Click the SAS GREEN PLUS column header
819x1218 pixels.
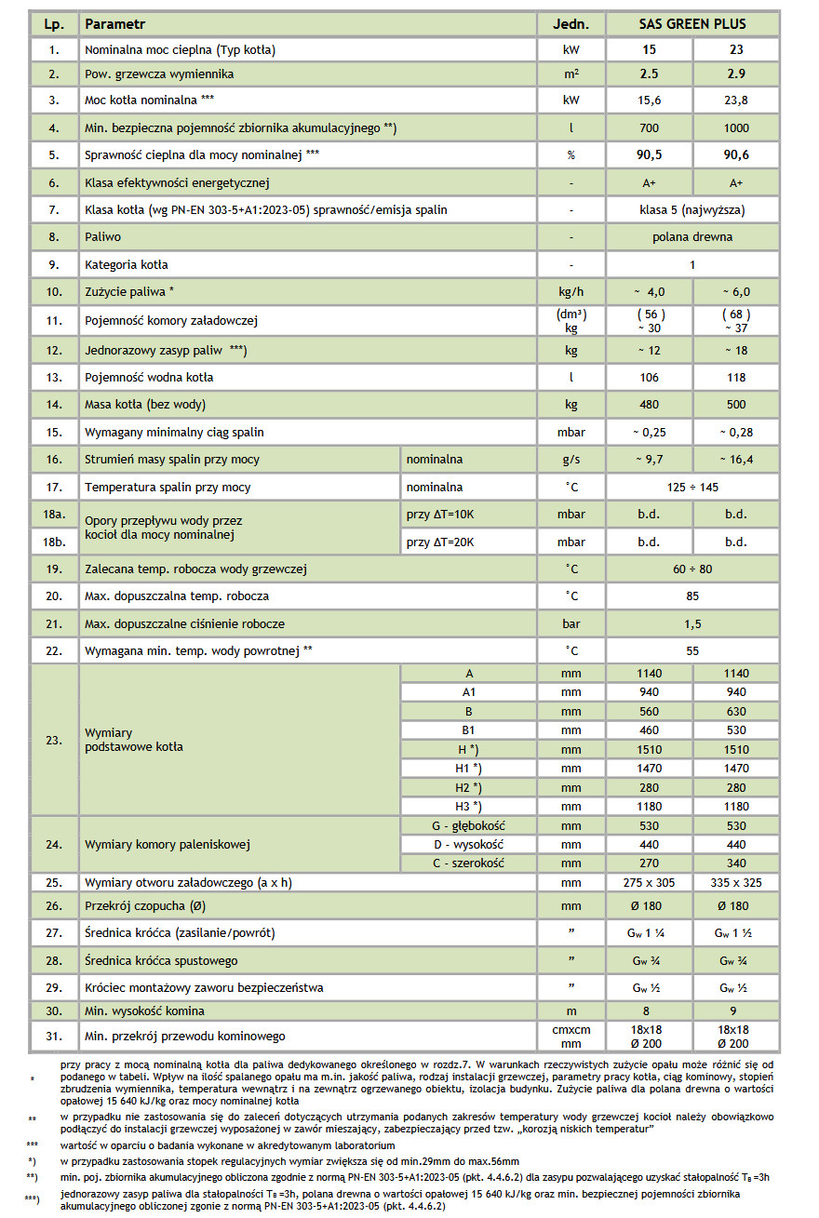(692, 23)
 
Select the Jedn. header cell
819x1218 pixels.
(571, 23)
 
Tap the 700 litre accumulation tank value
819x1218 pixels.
(650, 127)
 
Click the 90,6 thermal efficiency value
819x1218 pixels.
(736, 155)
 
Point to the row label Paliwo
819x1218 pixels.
(102, 237)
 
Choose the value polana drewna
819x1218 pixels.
(692, 237)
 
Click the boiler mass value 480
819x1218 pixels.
(650, 405)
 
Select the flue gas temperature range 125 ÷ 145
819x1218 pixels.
(692, 487)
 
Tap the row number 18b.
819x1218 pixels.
(55, 541)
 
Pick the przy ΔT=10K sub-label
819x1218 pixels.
(441, 515)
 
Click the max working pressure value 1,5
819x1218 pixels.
(692, 623)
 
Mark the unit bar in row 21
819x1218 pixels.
(571, 623)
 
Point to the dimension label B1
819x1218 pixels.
(468, 730)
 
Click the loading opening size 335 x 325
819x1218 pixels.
(736, 882)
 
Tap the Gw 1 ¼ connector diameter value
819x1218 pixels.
(650, 933)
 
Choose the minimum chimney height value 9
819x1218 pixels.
(736, 1011)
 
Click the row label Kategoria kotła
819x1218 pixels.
(127, 264)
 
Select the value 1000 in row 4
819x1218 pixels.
(736, 127)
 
